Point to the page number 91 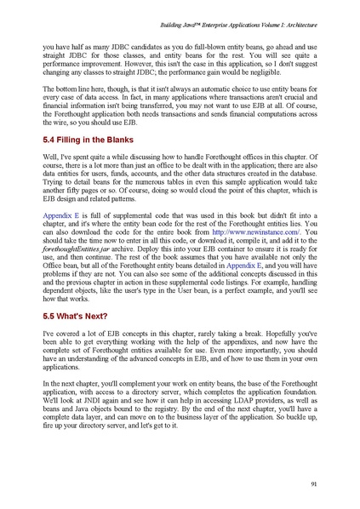pyautogui.click(x=314, y=486)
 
